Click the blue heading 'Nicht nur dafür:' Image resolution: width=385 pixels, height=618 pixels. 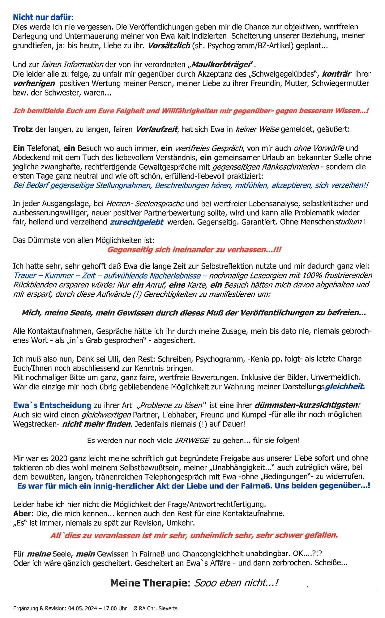(43, 17)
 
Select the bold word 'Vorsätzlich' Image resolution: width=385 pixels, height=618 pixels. (169, 46)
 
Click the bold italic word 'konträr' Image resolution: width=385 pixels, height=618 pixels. (336, 74)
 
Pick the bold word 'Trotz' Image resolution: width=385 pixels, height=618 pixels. (23, 129)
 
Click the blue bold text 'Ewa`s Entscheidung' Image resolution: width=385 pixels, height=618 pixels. (52, 405)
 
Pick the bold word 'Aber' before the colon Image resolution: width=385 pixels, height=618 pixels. (23, 514)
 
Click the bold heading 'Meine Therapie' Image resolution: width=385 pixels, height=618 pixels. (148, 583)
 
